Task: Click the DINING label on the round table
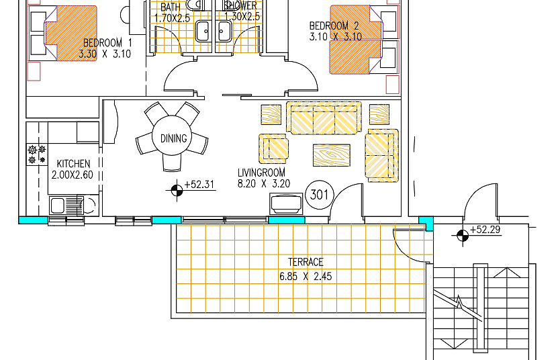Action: coord(173,138)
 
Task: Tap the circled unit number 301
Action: coord(320,195)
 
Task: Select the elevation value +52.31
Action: coord(199,185)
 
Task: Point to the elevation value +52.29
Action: coord(485,230)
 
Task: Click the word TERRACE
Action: coord(306,262)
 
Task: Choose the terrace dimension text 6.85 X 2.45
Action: coord(306,277)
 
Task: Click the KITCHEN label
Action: coord(73,164)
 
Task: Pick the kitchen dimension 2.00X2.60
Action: coord(72,175)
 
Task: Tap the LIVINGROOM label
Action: coord(261,173)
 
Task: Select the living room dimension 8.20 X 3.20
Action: coord(264,183)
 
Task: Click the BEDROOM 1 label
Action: coord(107,43)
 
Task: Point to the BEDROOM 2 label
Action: coord(334,26)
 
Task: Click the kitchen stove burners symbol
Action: coord(37,154)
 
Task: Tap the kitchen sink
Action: coord(66,206)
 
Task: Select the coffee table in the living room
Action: coord(332,155)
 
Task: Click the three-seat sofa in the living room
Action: coord(324,118)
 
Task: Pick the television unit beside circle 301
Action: coord(286,204)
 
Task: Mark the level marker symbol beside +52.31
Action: coord(177,191)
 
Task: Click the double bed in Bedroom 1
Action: coord(71,33)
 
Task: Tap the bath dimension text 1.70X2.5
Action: coord(172,18)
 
